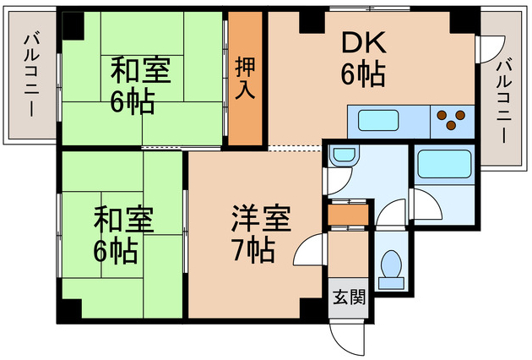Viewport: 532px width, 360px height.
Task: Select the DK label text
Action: pyautogui.click(x=363, y=43)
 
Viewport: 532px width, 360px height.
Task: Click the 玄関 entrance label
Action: pyautogui.click(x=348, y=297)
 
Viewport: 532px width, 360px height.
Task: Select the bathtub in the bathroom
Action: pyautogui.click(x=443, y=164)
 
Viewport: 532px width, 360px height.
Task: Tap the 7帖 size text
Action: pyautogui.click(x=252, y=251)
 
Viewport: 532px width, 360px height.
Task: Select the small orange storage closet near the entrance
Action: pyautogui.click(x=347, y=215)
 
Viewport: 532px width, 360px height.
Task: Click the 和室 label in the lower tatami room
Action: pyautogui.click(x=123, y=220)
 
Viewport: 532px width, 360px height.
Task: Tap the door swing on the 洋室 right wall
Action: pyautogui.click(x=310, y=249)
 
